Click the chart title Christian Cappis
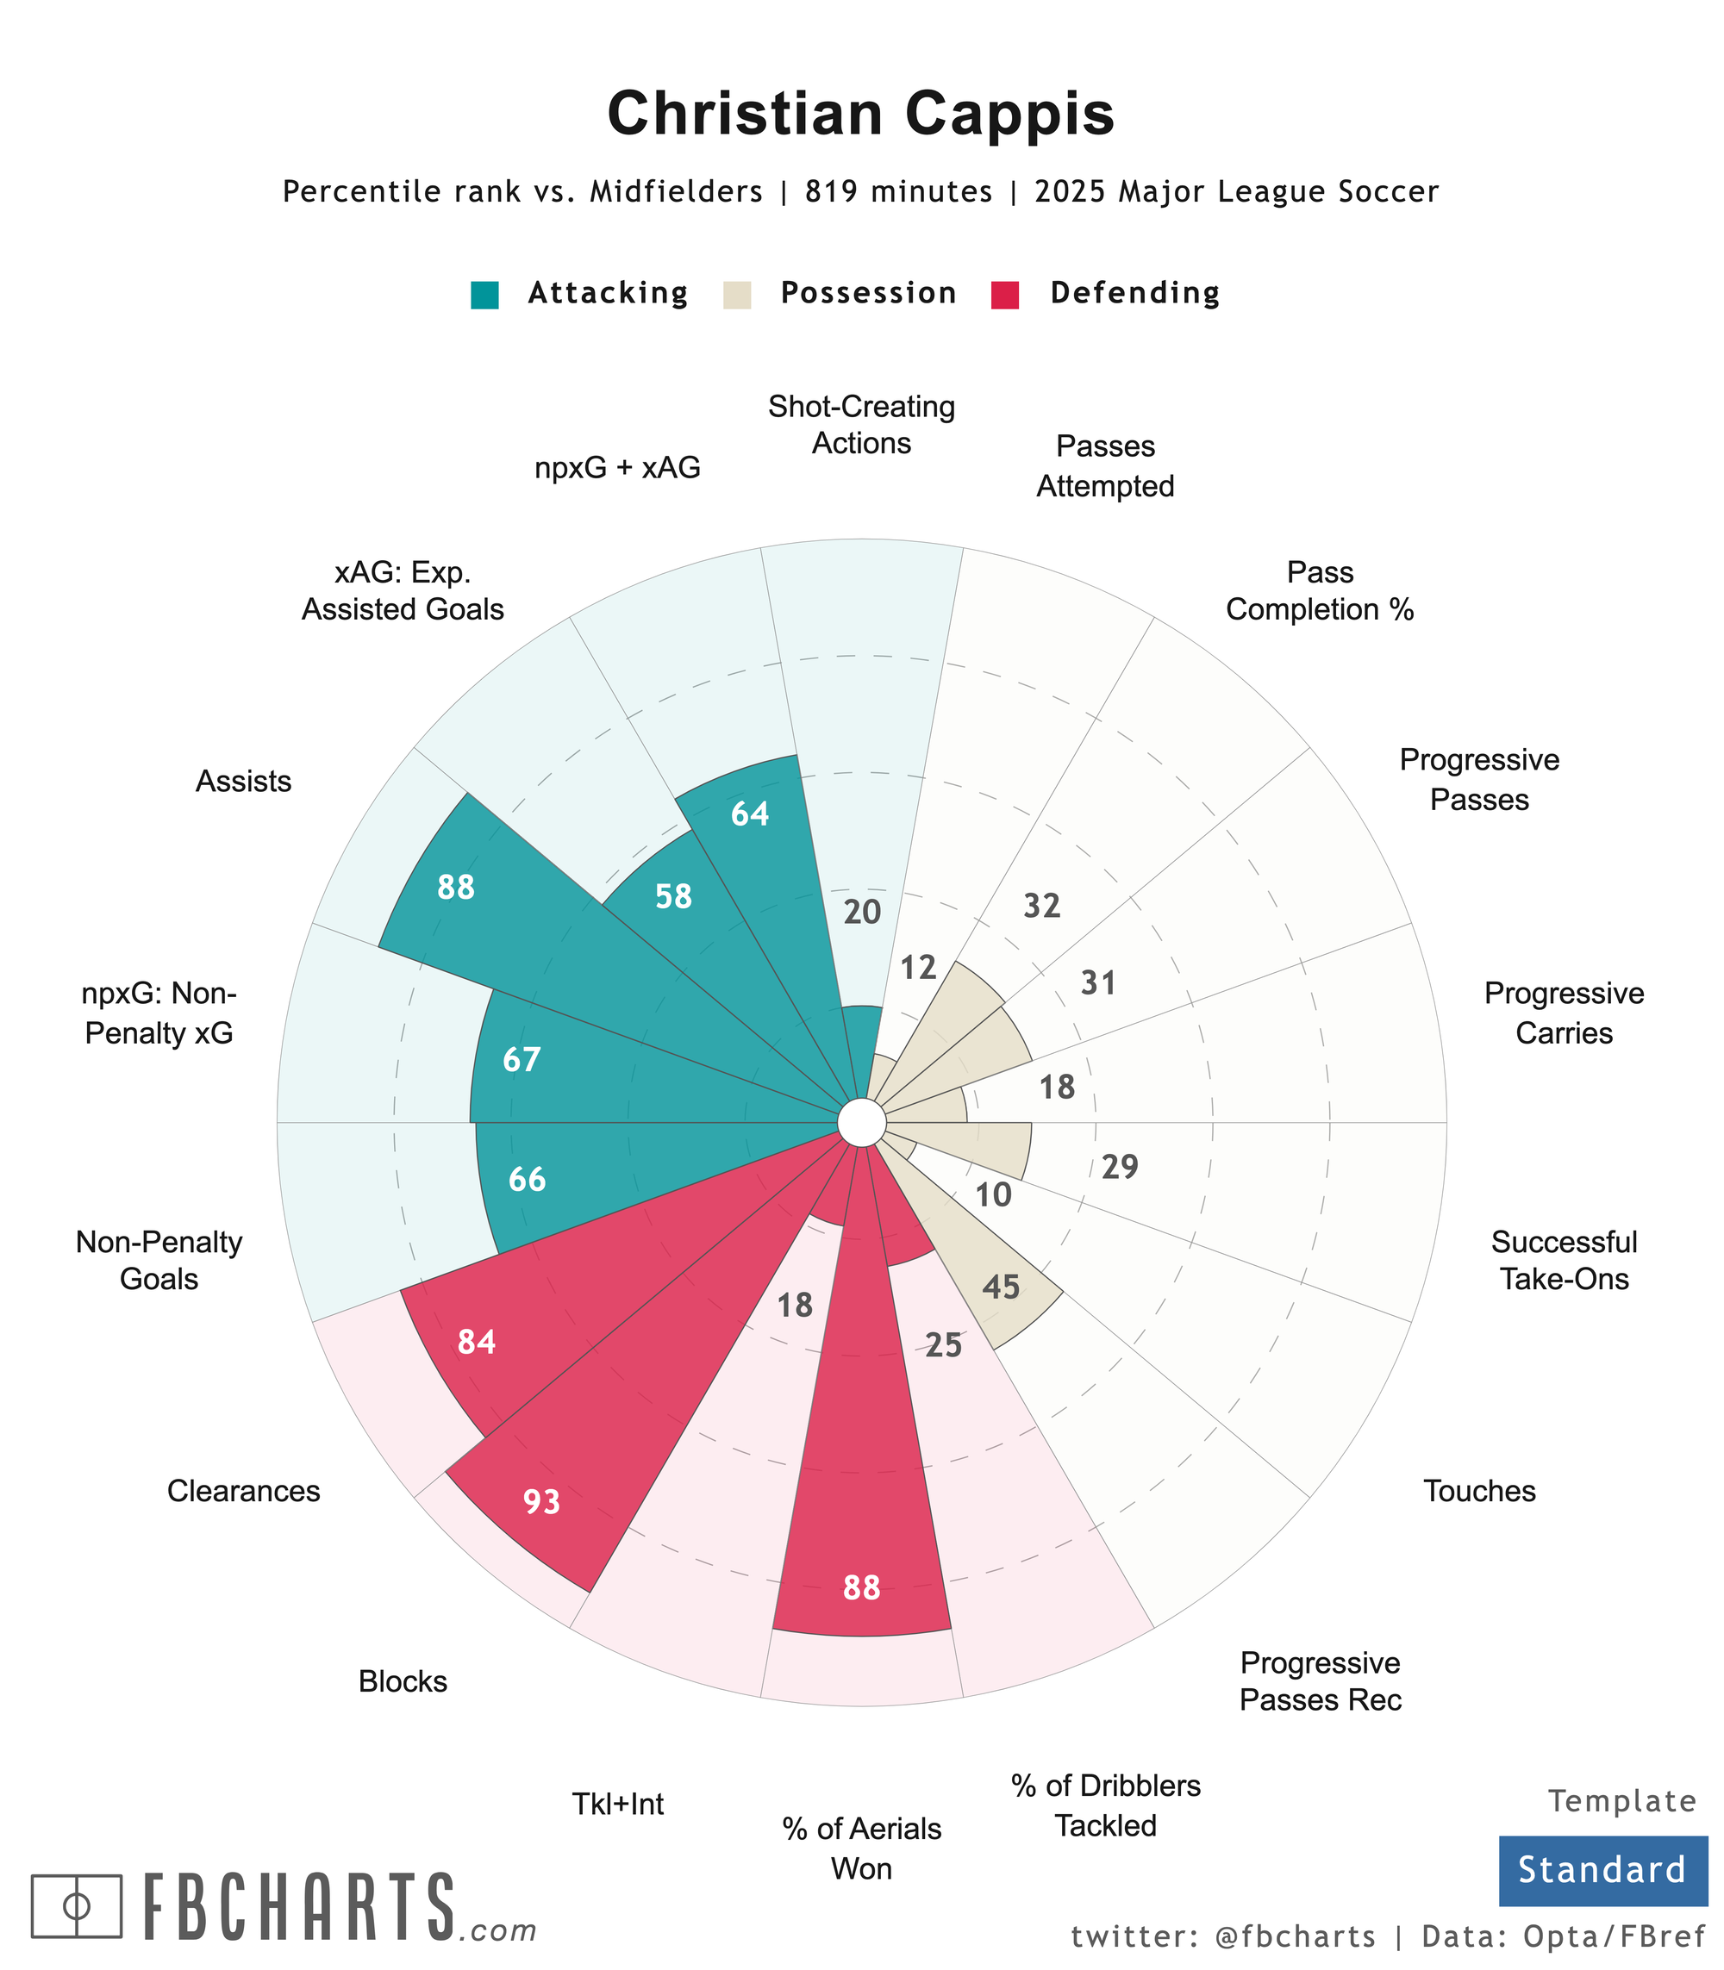coord(860,115)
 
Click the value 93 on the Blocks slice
coord(541,1501)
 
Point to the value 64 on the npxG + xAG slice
coord(751,814)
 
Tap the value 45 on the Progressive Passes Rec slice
coord(1001,1287)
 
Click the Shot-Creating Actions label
coord(861,425)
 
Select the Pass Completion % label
coord(1320,590)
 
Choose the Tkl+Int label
coord(618,1804)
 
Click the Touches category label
coord(1478,1491)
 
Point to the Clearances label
coord(243,1491)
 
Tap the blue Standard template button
coord(1602,1871)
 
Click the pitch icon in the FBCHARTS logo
coord(77,1905)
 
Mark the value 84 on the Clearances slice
coord(478,1342)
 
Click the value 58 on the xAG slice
coord(673,896)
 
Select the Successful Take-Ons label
coord(1564,1260)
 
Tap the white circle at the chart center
coord(861,1122)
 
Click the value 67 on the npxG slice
coord(522,1060)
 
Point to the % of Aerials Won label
coord(861,1848)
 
